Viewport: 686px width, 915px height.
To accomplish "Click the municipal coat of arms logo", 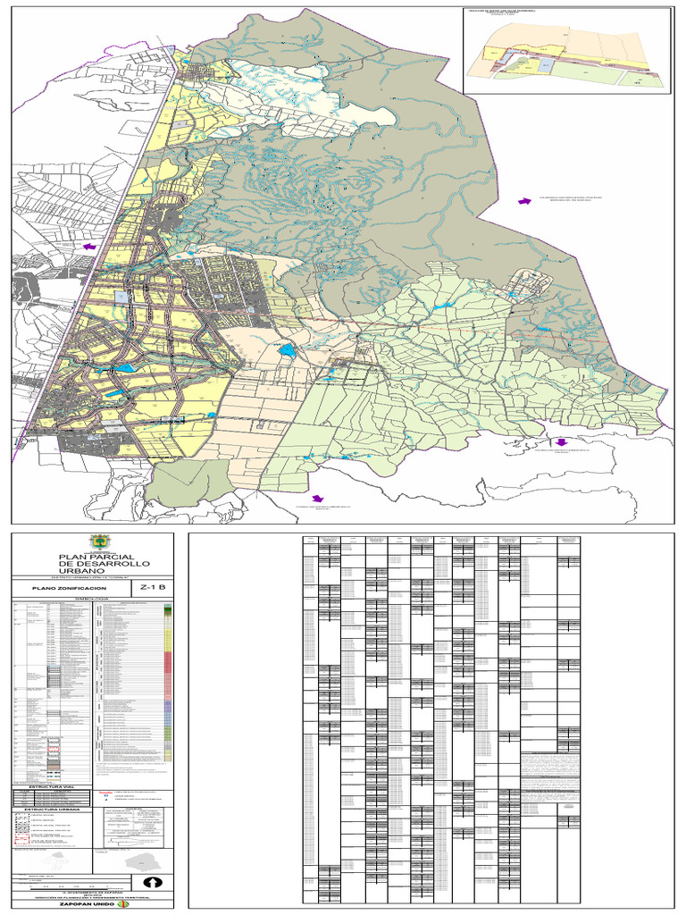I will (x=97, y=542).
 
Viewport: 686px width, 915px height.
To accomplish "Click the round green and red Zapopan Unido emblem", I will (x=123, y=904).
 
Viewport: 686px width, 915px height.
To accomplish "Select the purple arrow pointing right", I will (x=527, y=202).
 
